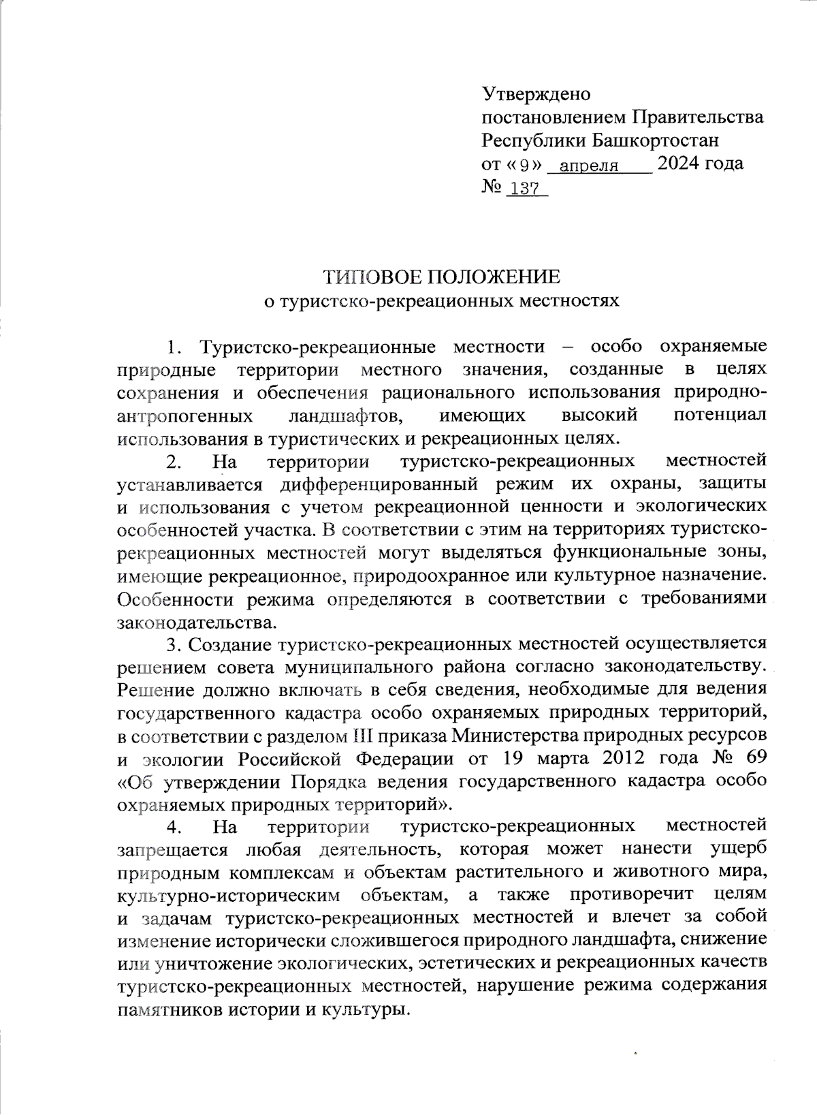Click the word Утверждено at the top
point(536,93)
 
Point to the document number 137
point(524,189)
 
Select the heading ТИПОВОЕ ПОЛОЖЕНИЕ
point(441,277)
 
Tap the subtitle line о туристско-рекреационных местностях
point(441,300)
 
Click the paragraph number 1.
point(174,347)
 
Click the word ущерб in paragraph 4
point(738,849)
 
